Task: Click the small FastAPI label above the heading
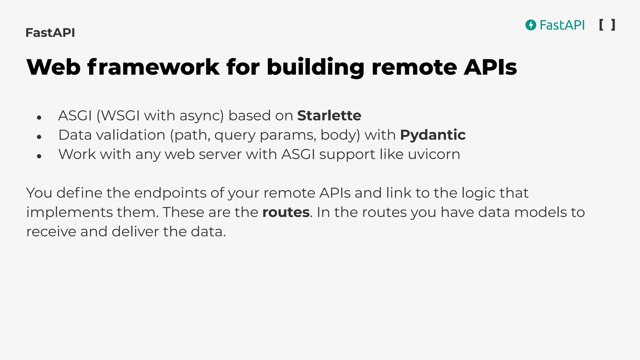[50, 33]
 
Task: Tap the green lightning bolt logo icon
[531, 25]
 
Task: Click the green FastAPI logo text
[562, 25]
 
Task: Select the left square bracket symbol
[601, 25]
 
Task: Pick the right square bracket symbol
[613, 25]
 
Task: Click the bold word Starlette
[329, 116]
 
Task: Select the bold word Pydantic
[432, 135]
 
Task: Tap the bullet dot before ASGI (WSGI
[39, 118]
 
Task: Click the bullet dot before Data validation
[39, 137]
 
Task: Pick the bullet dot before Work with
[39, 156]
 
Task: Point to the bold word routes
[286, 212]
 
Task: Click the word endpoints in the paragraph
[170, 193]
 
